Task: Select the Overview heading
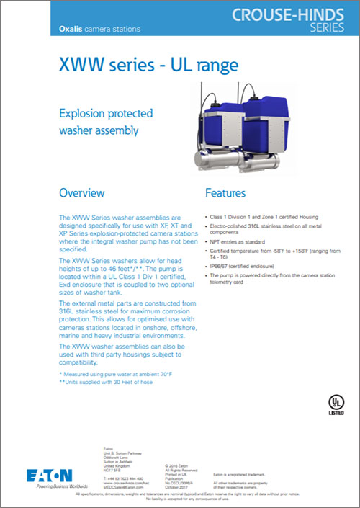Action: [81, 193]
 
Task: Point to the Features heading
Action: [225, 193]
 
